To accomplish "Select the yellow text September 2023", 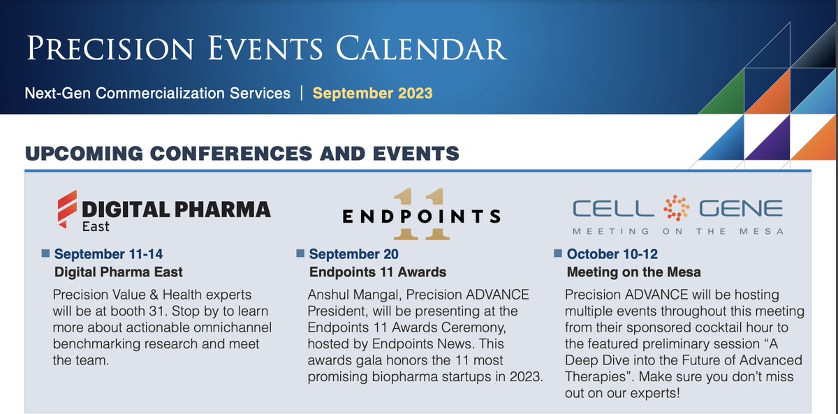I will coord(372,93).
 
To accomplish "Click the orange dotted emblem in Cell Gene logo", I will coord(676,209).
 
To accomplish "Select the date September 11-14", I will coord(108,253).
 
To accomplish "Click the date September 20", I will coord(353,254).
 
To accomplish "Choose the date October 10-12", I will coord(612,254).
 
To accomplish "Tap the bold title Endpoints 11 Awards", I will coord(377,272).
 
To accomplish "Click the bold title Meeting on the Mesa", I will coord(633,272).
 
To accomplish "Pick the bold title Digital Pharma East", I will coord(119,272).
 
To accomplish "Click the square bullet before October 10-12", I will coord(557,253).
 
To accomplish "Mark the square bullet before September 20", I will coord(300,253).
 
